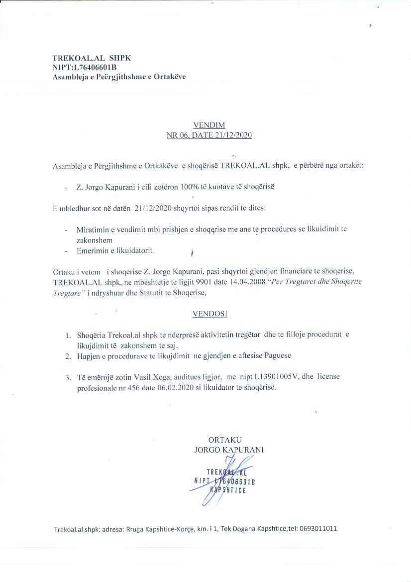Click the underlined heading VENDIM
click(x=208, y=125)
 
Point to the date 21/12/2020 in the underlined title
click(x=233, y=135)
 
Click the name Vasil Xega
click(x=145, y=377)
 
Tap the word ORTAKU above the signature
click(x=225, y=440)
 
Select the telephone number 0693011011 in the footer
click(x=318, y=528)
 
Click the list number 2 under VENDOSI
click(x=67, y=356)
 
